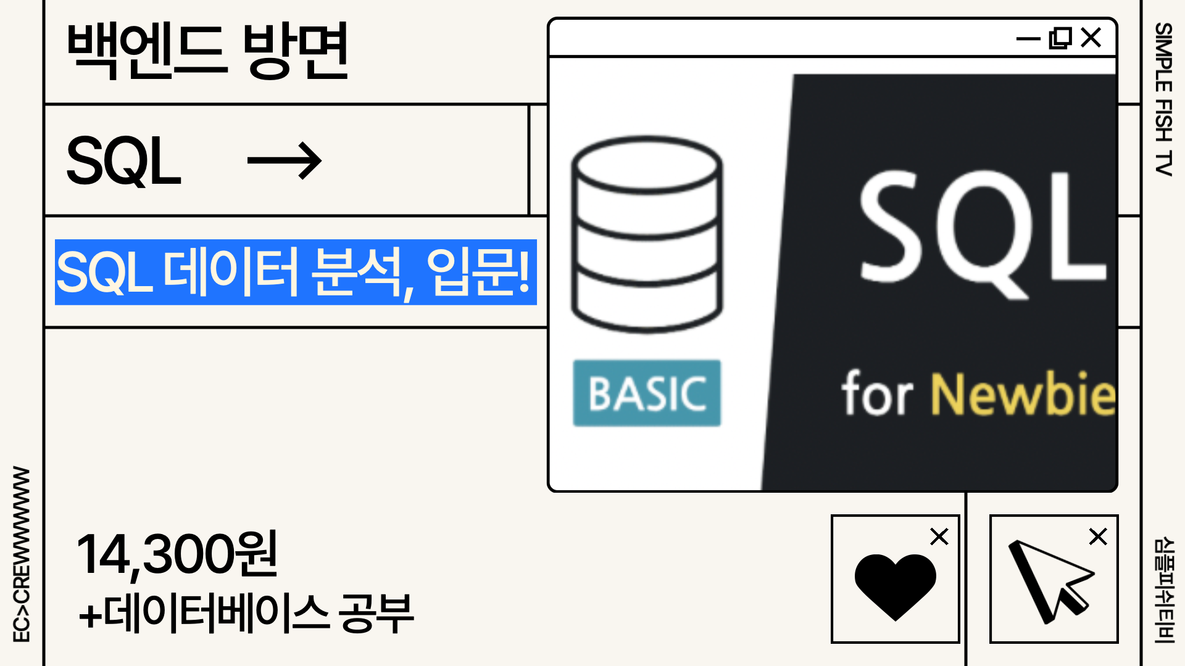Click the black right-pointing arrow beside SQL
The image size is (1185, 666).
[284, 161]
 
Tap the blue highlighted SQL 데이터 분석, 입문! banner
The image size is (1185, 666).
[296, 272]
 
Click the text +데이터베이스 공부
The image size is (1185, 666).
[246, 614]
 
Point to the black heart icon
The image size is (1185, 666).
[895, 585]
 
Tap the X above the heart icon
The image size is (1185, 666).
[939, 536]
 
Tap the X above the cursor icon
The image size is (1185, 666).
[1098, 536]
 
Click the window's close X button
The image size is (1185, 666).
[1091, 38]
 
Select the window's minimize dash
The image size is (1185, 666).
[1028, 39]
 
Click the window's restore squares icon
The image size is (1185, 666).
[1060, 38]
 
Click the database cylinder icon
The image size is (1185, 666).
[647, 234]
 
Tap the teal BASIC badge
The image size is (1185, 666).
[647, 393]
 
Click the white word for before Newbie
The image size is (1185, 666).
[877, 394]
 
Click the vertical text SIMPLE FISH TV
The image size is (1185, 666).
[1163, 99]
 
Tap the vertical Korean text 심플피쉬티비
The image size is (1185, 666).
[1163, 590]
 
